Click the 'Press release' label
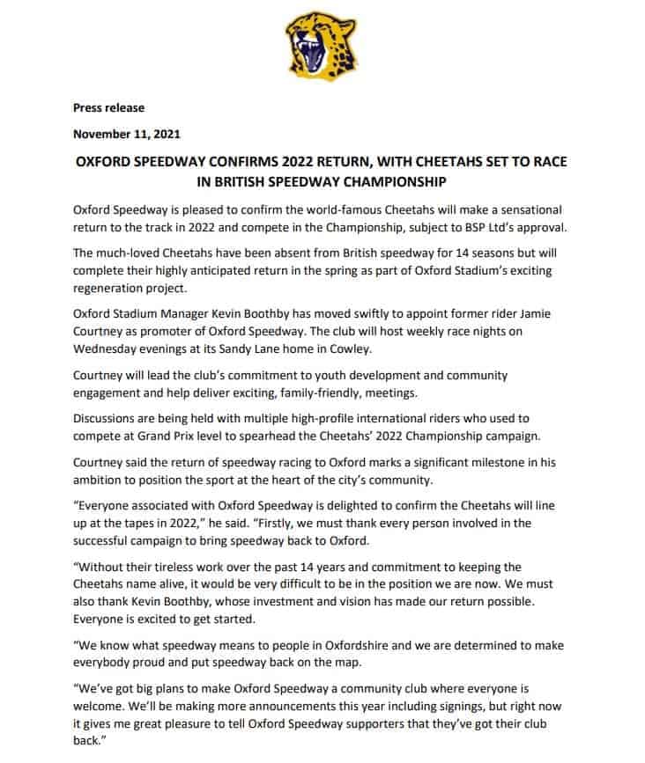pos(108,107)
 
